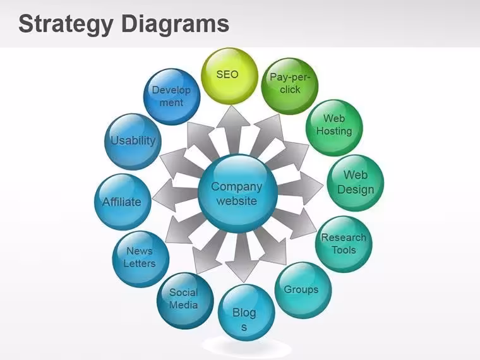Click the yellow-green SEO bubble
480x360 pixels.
pos(229,76)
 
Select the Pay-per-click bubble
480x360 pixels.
pos(290,86)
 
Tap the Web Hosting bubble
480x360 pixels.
pos(334,128)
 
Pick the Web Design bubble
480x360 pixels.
pos(356,183)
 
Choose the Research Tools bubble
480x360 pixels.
pos(344,244)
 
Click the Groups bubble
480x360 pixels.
pos(303,290)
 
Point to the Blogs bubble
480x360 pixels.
pos(246,313)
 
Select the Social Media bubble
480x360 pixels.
pos(185,301)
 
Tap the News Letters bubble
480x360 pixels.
pos(141,259)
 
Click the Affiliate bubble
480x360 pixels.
pos(123,202)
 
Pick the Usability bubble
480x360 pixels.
pos(133,141)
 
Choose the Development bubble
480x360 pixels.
pos(172,97)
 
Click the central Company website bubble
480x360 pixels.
pos(238,193)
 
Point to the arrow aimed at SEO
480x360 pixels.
pos(233,130)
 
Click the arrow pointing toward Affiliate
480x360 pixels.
pos(175,196)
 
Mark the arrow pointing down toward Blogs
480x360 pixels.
pos(243,257)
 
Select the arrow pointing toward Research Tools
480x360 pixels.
pos(296,222)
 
